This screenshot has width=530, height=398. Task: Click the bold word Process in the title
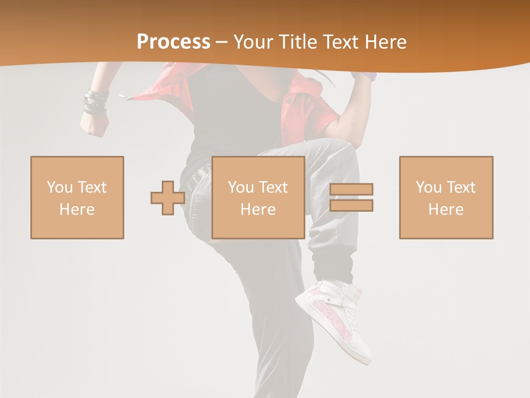pos(173,42)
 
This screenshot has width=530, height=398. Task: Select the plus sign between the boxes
pos(168,198)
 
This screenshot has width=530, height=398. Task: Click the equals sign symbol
pos(351,197)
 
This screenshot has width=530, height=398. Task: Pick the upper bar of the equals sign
pos(351,190)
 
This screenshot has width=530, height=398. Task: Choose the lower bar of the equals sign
pos(351,205)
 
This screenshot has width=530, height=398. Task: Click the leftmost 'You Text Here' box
pos(77,197)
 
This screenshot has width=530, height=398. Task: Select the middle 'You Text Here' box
pos(258,197)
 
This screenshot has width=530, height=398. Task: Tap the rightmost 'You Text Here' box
pos(446,197)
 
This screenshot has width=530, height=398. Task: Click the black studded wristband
pos(95,103)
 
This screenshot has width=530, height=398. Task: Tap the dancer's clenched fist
pos(94,125)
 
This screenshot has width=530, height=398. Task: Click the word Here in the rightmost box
pos(446,210)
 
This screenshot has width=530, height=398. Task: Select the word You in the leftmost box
pos(59,187)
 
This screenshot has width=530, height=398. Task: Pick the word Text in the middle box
pos(273,187)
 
